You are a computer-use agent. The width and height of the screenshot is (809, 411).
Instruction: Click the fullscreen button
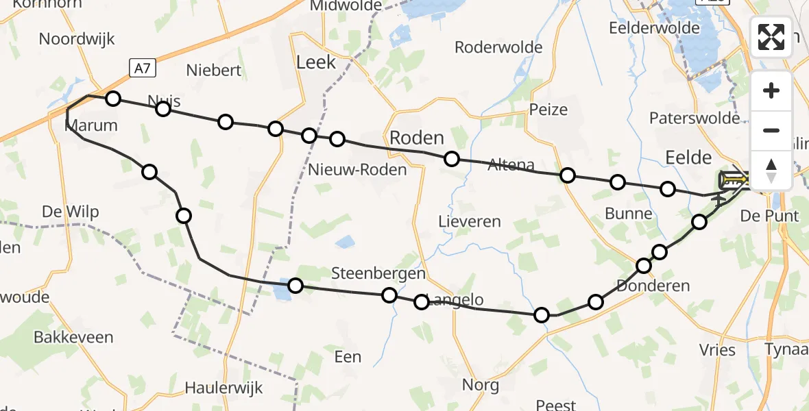771,37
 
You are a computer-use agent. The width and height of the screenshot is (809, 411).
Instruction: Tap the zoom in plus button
771,90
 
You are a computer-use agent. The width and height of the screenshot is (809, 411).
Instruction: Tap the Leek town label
316,62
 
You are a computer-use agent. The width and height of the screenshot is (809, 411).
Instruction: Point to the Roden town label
416,138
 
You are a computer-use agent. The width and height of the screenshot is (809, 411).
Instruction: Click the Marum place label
91,125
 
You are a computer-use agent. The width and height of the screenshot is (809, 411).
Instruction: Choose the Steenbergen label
378,273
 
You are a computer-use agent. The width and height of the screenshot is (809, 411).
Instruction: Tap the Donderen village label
653,285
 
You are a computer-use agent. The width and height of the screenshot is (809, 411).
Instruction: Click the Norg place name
481,384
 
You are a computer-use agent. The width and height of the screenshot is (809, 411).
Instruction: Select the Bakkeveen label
74,337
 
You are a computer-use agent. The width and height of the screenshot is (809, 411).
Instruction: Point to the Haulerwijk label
224,388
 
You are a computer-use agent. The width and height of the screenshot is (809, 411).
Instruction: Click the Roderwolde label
499,47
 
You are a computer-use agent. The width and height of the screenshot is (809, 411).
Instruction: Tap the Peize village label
548,109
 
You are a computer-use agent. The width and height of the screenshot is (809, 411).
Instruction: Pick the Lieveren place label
470,221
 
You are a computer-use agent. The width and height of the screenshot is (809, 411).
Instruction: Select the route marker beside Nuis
163,109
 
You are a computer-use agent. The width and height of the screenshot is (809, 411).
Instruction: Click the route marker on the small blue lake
295,285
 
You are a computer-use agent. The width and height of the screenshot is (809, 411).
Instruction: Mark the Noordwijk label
77,38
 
